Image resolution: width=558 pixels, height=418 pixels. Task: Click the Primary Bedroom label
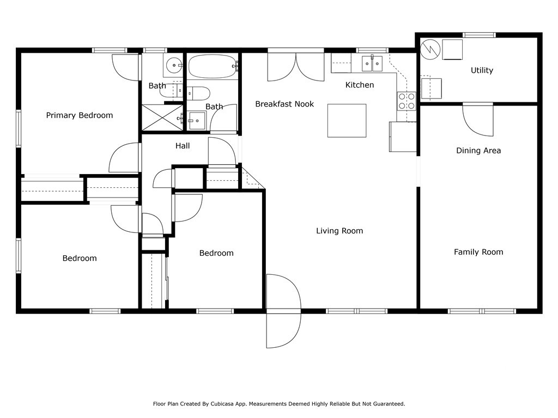pos(80,115)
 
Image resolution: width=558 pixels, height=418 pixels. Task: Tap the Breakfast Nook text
pos(284,104)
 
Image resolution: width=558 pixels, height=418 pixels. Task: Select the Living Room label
pos(339,231)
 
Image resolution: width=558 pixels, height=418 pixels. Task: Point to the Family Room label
pos(478,252)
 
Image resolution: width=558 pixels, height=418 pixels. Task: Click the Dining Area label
pos(478,150)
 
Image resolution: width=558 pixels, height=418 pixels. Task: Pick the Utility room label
pos(482,70)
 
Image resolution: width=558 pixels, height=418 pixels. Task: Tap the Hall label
pos(183,146)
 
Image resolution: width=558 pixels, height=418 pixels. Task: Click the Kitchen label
pos(360,85)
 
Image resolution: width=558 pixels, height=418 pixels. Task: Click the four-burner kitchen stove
pos(407,101)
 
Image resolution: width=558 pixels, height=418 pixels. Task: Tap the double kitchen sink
pos(372,64)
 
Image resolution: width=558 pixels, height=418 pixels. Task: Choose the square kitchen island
pos(347,120)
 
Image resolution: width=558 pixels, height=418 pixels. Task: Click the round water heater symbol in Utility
pos(430,49)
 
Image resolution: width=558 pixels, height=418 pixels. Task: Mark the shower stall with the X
pos(162,118)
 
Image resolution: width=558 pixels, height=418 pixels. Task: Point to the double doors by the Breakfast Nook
pos(296,67)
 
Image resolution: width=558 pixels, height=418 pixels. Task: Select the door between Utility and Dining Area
pos(478,120)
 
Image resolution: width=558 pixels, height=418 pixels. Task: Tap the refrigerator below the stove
pos(403,137)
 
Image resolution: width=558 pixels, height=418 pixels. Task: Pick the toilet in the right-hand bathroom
pos(198,94)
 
